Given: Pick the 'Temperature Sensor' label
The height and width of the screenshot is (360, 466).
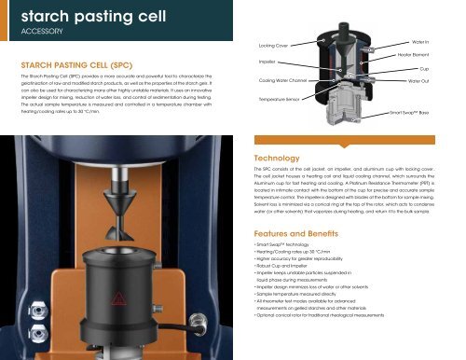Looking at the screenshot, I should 278,97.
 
